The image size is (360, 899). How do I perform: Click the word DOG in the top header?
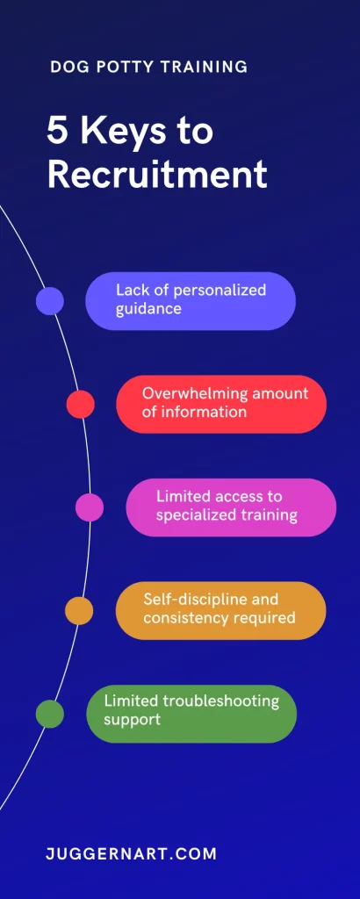(x=64, y=67)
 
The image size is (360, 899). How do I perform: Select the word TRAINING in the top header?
(x=204, y=67)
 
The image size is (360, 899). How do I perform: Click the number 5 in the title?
(x=58, y=132)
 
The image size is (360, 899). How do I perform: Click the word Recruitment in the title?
(x=157, y=175)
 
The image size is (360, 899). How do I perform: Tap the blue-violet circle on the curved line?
(x=50, y=301)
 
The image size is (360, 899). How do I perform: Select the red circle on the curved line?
(x=80, y=404)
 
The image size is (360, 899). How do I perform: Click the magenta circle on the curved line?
(x=90, y=507)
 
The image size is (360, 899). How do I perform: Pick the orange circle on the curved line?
(x=79, y=611)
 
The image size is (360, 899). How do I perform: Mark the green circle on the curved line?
(x=50, y=714)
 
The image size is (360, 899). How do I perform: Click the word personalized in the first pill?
(x=220, y=290)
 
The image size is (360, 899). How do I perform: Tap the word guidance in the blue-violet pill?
(x=148, y=310)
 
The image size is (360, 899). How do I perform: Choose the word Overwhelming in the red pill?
(x=195, y=393)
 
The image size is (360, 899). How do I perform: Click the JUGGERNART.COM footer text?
(x=132, y=853)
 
